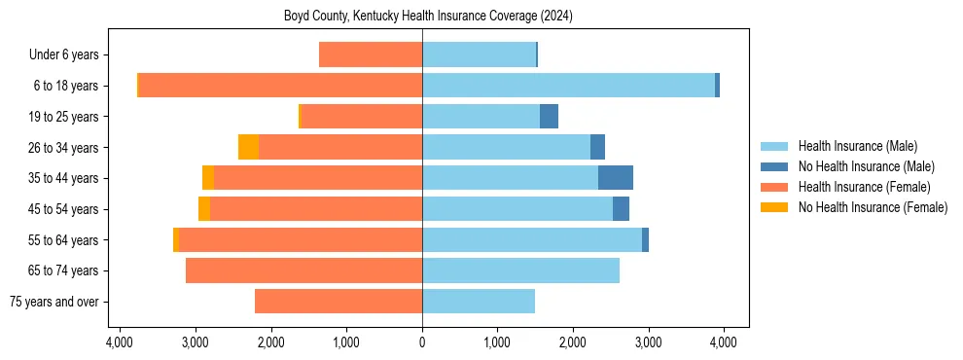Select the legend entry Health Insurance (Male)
(857, 146)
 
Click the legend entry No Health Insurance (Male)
(866, 166)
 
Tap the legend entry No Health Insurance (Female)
(873, 207)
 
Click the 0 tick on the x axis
(422, 342)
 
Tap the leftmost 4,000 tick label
(120, 342)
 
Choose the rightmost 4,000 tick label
(724, 342)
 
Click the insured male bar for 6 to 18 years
(568, 86)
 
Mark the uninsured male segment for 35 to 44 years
(616, 178)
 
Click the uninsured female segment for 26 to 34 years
(248, 147)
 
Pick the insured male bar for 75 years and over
(479, 302)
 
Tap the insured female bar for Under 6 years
(371, 55)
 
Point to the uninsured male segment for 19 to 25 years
(550, 117)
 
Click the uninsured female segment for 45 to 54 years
(204, 209)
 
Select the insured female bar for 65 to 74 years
(303, 270)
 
